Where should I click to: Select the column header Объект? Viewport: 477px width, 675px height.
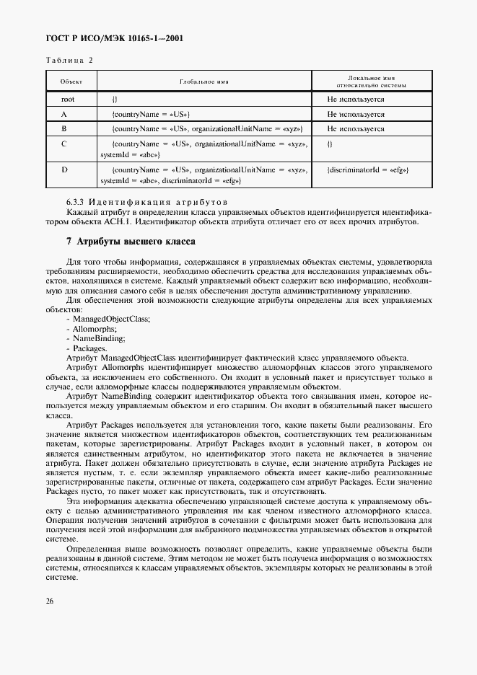(71, 81)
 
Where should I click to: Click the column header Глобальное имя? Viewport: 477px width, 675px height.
(204, 81)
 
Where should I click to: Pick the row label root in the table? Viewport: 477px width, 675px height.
(68, 99)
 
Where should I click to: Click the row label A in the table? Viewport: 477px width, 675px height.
(64, 114)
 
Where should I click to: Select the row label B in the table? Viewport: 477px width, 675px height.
(64, 128)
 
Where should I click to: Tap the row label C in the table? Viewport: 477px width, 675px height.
(64, 144)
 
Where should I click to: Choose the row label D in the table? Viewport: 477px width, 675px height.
(64, 169)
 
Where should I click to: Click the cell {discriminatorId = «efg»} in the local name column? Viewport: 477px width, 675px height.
(367, 169)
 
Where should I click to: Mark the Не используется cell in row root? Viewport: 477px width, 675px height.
(355, 99)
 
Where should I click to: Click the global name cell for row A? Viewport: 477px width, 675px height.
(151, 114)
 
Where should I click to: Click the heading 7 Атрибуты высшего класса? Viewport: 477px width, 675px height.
(126, 241)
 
